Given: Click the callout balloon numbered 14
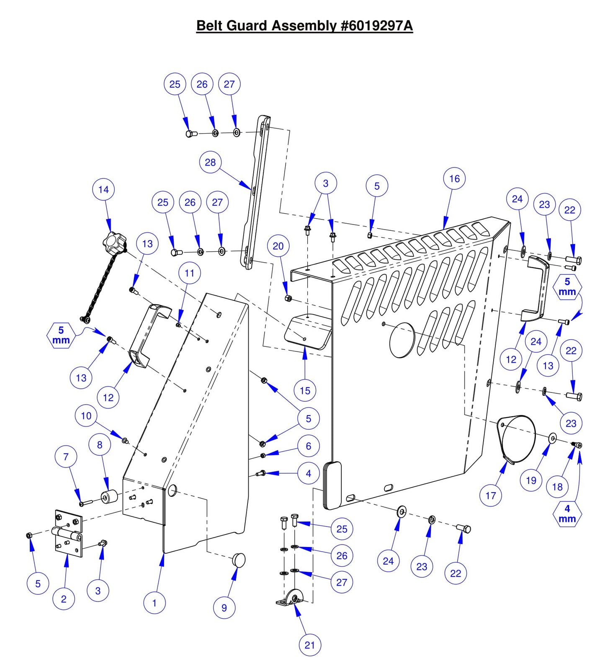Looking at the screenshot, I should click(103, 190).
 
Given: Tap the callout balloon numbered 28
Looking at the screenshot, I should click(210, 163).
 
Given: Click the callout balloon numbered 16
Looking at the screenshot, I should click(454, 179).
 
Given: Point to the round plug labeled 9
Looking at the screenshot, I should click(239, 560).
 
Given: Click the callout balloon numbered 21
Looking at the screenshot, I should click(310, 645).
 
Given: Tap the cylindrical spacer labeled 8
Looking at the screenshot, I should click(109, 497).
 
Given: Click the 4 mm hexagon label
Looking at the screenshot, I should click(567, 514).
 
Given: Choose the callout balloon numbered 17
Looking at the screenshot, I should click(490, 496).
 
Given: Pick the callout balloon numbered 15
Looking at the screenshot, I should click(305, 391).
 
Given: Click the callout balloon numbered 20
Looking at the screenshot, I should click(278, 246).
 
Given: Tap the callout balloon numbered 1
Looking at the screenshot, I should click(154, 603).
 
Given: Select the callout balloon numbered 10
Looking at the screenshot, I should click(86, 416).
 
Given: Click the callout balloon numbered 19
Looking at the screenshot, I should click(531, 480).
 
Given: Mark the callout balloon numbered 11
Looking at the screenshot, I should click(189, 274).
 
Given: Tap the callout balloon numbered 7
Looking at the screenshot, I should click(66, 457).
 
